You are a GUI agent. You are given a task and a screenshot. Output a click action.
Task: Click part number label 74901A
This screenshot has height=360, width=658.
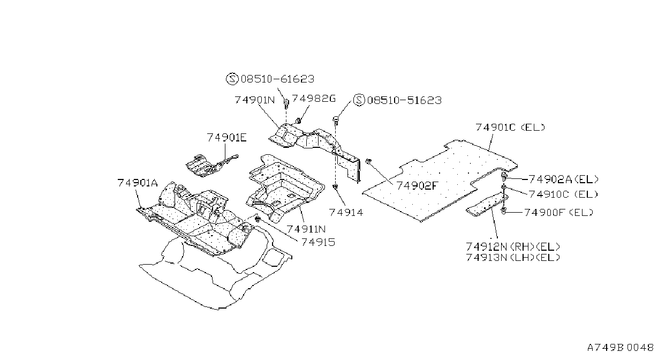tap(138, 183)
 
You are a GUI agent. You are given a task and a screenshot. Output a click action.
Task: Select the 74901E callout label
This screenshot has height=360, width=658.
tap(227, 138)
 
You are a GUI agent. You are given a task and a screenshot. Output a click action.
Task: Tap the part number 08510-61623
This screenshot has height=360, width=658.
tap(277, 79)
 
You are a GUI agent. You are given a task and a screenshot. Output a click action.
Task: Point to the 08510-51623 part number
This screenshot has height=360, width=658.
tap(405, 100)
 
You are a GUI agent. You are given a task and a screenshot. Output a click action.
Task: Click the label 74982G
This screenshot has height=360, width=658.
tap(314, 99)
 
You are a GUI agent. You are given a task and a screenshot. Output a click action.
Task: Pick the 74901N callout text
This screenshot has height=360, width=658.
tap(254, 100)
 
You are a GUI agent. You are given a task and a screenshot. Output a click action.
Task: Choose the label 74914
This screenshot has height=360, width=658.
tap(346, 212)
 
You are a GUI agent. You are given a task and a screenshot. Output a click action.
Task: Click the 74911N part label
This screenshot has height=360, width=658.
tap(306, 229)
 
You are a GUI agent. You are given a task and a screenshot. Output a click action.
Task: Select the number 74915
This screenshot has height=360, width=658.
tap(318, 242)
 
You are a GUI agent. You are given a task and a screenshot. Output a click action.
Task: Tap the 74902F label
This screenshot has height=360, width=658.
tap(417, 185)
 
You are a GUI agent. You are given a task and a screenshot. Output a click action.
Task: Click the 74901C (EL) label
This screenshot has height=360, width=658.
tap(510, 127)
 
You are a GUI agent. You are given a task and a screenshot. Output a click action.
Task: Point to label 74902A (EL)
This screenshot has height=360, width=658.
tap(563, 179)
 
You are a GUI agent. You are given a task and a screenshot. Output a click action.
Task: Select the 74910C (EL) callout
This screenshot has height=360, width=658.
tap(563, 194)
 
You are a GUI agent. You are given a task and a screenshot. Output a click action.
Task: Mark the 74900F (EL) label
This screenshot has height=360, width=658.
tap(559, 212)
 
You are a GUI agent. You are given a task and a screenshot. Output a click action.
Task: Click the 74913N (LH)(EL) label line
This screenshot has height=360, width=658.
tap(513, 258)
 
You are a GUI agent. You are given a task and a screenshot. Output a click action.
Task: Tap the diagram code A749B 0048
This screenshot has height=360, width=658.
tap(621, 348)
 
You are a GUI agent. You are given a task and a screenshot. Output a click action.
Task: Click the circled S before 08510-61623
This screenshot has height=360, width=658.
tap(232, 79)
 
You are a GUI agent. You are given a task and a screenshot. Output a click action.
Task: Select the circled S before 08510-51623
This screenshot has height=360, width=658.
tap(359, 100)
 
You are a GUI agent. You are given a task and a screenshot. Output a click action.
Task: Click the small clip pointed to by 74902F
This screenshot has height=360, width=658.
tap(368, 161)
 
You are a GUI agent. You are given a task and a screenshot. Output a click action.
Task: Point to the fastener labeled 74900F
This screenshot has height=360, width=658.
tap(503, 211)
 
